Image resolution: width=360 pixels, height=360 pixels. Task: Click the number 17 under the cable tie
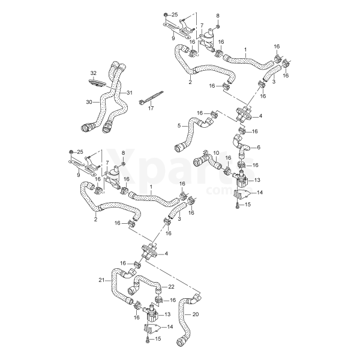[x=151, y=108]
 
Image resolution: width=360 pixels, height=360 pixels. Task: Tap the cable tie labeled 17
[x=151, y=98]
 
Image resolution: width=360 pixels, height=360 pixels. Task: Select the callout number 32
[x=94, y=73]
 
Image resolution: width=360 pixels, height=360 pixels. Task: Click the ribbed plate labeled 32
[x=97, y=83]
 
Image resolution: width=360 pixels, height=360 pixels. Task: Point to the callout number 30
[x=89, y=102]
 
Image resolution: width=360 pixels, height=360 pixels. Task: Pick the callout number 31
[x=130, y=93]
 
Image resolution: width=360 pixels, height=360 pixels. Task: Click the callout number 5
[x=179, y=125]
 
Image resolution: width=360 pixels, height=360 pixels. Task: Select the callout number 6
[x=259, y=148]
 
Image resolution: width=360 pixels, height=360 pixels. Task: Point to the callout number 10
[x=216, y=153]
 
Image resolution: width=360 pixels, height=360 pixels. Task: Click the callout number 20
[x=196, y=314]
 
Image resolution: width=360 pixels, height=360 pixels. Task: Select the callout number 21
[x=101, y=280]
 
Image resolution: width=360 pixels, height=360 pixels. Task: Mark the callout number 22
[x=171, y=287]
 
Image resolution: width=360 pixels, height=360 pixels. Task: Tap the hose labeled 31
[x=120, y=97]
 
